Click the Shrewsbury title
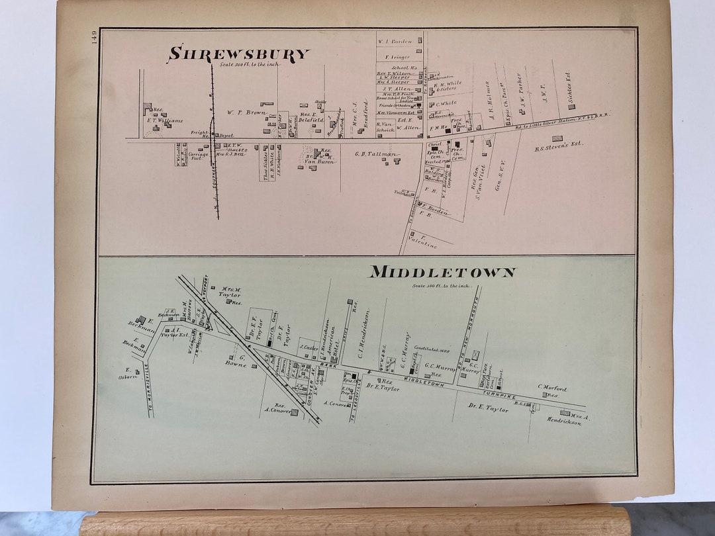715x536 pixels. point(239,54)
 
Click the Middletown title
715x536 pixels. point(443,272)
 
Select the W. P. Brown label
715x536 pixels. point(246,112)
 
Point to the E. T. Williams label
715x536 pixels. point(165,121)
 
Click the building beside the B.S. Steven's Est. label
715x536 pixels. point(557,138)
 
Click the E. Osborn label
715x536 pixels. point(126,373)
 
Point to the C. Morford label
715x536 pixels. point(552,388)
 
